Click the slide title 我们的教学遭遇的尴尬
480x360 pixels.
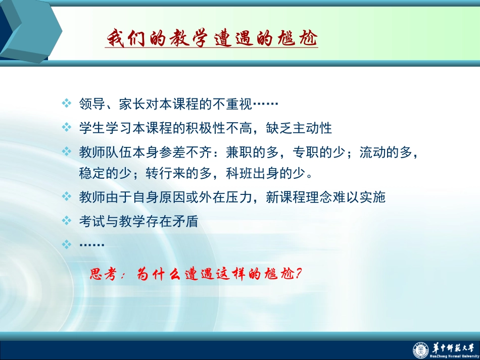tap(212, 38)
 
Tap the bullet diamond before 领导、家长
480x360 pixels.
tap(66, 104)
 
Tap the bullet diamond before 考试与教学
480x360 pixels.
tap(66, 221)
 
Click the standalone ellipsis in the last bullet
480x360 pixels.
tap(92, 245)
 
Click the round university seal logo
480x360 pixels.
tap(420, 349)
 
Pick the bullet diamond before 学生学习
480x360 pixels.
tap(66, 127)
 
